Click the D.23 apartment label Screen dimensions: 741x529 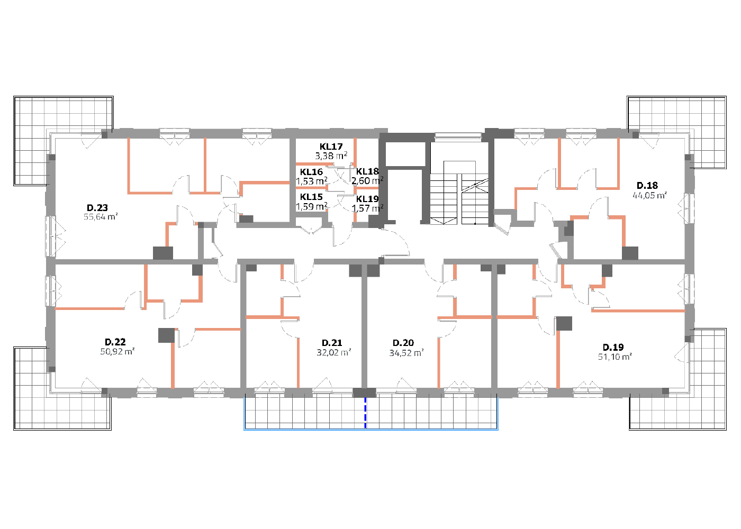coord(97,207)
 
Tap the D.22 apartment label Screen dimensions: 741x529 coord(115,342)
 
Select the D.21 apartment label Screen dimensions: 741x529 coord(332,343)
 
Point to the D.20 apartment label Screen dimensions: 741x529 coord(403,343)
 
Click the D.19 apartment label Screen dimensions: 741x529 coord(613,347)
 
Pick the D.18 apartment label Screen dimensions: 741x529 coord(647,186)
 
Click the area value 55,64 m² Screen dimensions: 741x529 coord(101,217)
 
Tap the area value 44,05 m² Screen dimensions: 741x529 coord(650,195)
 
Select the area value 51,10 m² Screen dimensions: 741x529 coord(615,357)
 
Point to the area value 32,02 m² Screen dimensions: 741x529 coord(334,352)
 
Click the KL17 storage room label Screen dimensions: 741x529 coord(331,147)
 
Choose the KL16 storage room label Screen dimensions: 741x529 coord(311,172)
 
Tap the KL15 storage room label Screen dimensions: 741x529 coord(311,197)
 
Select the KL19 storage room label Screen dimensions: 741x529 coord(367,199)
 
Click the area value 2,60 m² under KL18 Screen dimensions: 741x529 coord(367,181)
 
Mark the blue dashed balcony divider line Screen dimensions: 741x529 coord(365,413)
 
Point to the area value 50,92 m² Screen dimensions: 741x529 coord(118,351)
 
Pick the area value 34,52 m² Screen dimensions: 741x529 coord(406,353)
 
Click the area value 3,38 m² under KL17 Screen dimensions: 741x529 coord(331,156)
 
